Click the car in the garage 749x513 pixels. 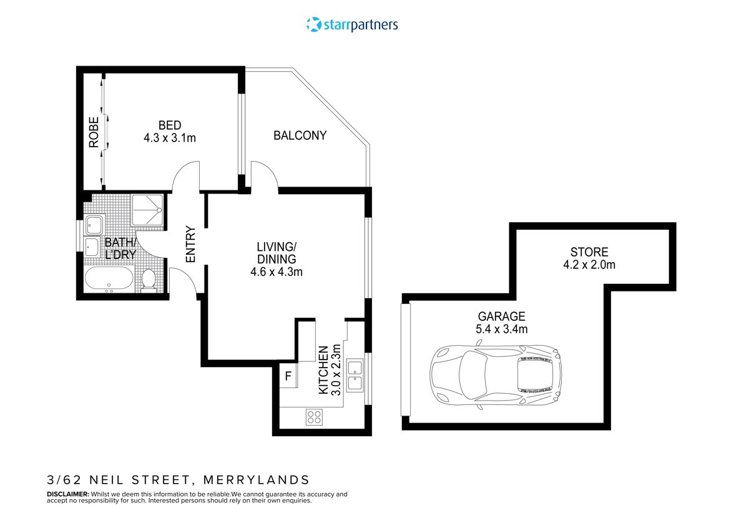495,377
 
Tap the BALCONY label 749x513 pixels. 300,135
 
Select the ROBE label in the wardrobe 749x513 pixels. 94,132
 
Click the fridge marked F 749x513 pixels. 288,376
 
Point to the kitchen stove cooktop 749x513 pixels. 314,418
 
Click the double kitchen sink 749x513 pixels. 355,375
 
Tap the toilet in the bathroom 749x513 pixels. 149,280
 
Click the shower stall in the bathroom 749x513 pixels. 148,211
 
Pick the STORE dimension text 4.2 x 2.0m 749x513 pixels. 589,265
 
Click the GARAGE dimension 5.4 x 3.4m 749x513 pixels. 501,329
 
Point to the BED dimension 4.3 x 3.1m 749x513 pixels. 170,138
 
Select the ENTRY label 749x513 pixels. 190,243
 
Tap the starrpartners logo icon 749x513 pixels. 313,24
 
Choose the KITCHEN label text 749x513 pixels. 323,369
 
